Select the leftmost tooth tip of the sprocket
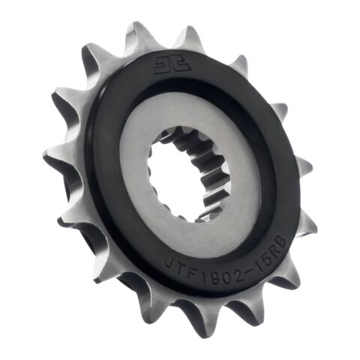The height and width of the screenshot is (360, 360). tap(47, 157)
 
